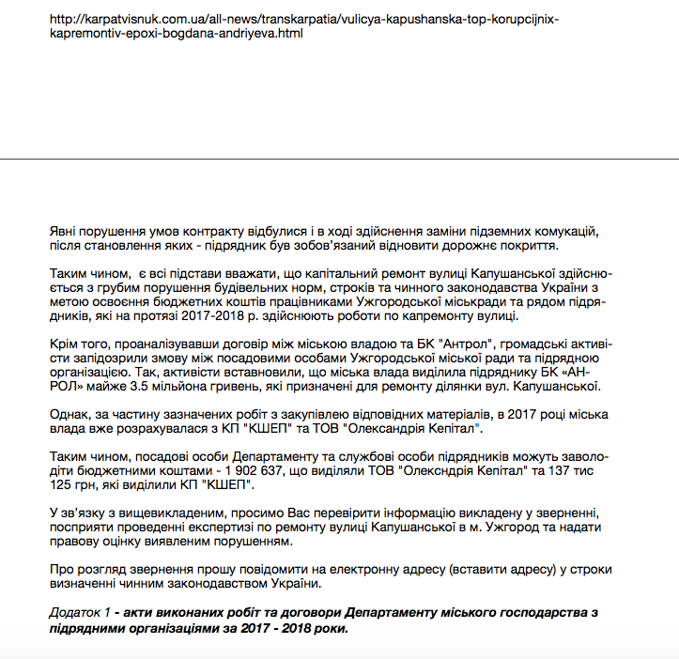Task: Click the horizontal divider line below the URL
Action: (339, 158)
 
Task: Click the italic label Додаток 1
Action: (81, 612)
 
